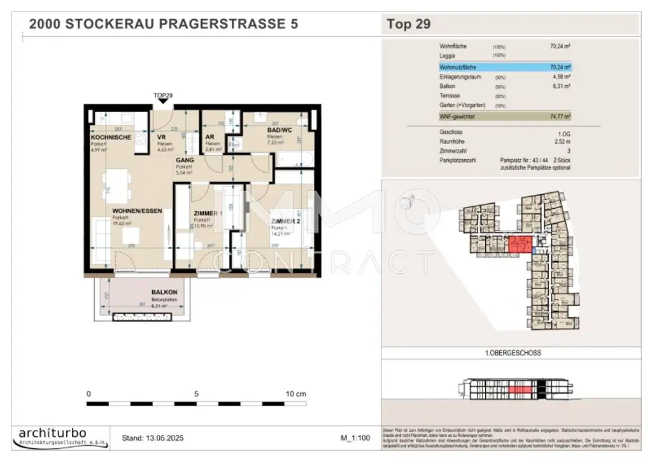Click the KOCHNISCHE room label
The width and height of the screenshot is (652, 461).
tap(111, 138)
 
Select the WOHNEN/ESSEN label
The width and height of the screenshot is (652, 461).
tap(134, 211)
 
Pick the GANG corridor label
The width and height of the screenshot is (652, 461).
tap(186, 160)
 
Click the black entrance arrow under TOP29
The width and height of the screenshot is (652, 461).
tap(163, 101)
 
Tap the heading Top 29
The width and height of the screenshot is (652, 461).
tap(409, 25)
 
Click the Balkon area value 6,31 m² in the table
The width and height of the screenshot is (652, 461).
tap(561, 85)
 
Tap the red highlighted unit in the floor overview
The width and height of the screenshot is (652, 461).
tap(519, 245)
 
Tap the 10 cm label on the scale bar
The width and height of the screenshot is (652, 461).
tap(296, 394)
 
